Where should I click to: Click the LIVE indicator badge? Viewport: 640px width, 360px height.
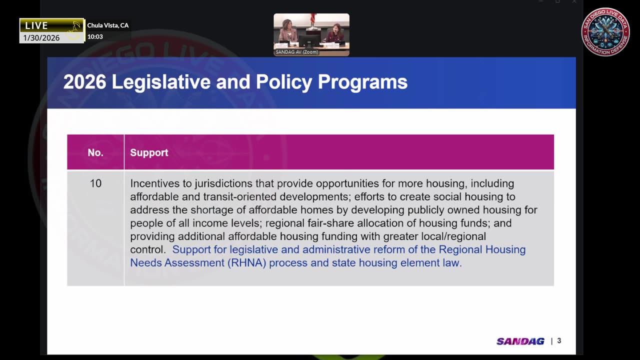(37, 25)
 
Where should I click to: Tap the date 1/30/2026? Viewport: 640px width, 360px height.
(41, 38)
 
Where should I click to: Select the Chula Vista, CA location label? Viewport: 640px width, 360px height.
(108, 25)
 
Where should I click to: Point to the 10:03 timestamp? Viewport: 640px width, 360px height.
(95, 36)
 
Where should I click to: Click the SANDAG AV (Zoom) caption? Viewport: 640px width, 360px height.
(297, 52)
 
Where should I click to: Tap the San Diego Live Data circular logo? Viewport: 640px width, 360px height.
(605, 31)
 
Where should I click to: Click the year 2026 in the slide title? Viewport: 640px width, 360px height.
(84, 82)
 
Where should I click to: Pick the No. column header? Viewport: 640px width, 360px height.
(95, 152)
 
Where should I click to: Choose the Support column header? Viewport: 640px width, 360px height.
(149, 152)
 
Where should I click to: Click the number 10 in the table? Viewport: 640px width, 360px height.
(95, 183)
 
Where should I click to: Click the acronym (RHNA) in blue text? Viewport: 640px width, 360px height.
(245, 263)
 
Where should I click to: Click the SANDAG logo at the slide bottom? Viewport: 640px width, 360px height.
(520, 341)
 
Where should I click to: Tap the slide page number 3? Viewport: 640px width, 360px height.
(559, 341)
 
